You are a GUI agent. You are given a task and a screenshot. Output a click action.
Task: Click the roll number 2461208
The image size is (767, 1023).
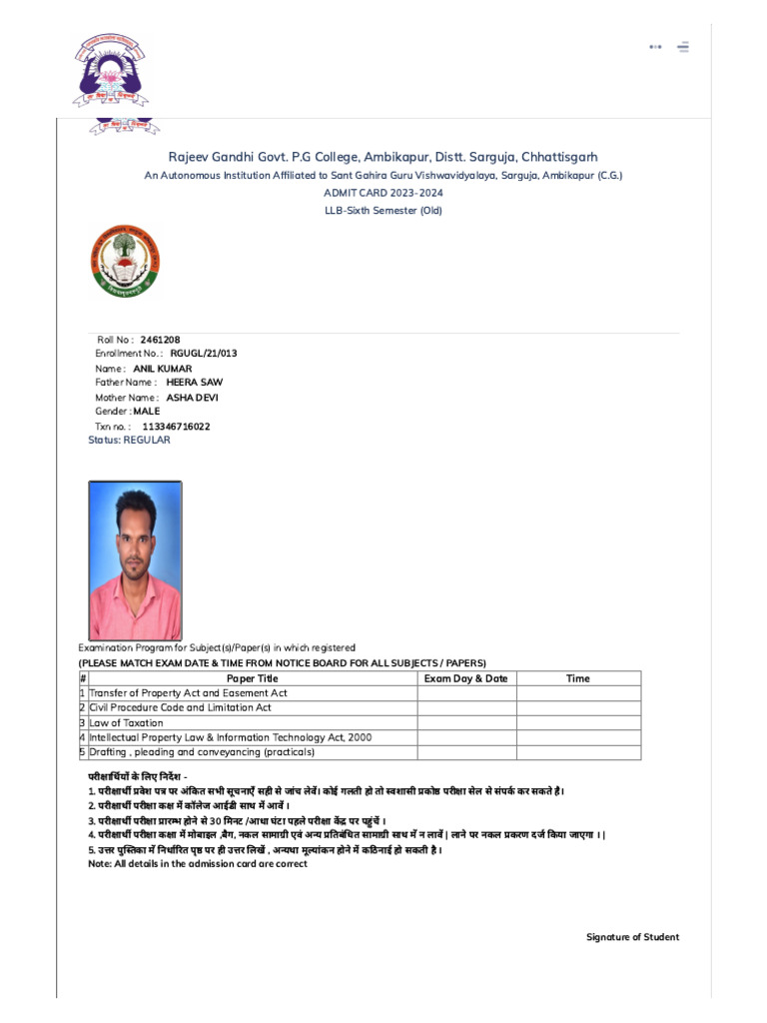pos(160,340)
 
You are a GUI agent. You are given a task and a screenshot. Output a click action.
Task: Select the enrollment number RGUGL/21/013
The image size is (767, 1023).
pos(204,354)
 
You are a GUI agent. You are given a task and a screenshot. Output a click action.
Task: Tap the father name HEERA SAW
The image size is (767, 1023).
pos(194,383)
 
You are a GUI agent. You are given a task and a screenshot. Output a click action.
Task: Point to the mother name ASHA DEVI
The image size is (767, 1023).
pos(192,398)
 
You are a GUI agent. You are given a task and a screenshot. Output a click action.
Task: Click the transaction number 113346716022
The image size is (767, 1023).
pos(176,427)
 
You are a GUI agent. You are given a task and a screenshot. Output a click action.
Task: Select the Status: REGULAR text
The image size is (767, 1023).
pos(129,440)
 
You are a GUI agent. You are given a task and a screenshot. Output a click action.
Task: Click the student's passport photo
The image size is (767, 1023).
pos(135,560)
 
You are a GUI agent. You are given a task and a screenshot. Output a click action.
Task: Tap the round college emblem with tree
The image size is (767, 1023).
pos(126,261)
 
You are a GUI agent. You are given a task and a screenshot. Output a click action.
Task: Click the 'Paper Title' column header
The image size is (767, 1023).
pos(253,678)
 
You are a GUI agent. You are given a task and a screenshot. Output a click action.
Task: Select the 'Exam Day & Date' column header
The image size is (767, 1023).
pos(465,678)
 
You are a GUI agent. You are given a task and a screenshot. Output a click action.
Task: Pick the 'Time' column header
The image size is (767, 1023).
pos(577,678)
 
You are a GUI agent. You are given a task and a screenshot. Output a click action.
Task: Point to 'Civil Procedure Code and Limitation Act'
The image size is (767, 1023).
pos(181,707)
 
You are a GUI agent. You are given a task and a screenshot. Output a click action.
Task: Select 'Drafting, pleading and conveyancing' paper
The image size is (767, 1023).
pos(202,752)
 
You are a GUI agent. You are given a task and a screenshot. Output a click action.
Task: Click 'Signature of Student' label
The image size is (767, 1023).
pos(632,937)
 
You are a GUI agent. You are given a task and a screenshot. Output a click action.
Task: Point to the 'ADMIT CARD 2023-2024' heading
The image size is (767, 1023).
pos(383,192)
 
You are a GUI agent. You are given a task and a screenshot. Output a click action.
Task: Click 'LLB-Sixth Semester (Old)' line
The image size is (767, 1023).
pos(383,211)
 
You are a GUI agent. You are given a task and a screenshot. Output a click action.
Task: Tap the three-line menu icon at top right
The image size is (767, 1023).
pos(683,46)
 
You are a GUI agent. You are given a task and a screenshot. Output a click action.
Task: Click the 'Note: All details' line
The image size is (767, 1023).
pos(198,864)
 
